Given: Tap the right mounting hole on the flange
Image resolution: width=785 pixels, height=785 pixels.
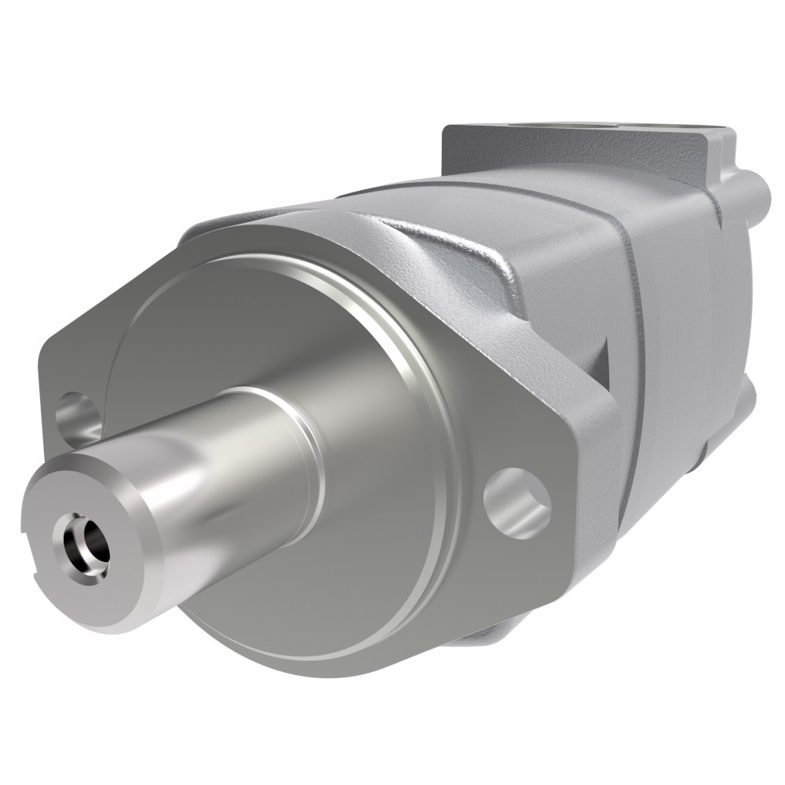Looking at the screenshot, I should tap(516, 502).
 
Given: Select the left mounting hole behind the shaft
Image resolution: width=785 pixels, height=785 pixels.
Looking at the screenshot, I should tap(77, 416).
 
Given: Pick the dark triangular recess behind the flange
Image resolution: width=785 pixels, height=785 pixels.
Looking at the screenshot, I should tap(601, 361).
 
